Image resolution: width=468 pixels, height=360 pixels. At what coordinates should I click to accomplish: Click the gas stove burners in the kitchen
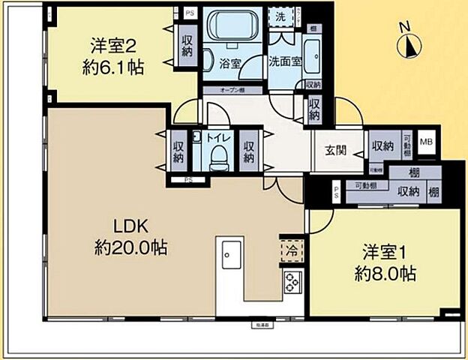[292, 283]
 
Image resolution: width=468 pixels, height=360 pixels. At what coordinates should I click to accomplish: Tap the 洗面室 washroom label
[285, 62]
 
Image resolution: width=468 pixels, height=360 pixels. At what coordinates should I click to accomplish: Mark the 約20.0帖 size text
[131, 247]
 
